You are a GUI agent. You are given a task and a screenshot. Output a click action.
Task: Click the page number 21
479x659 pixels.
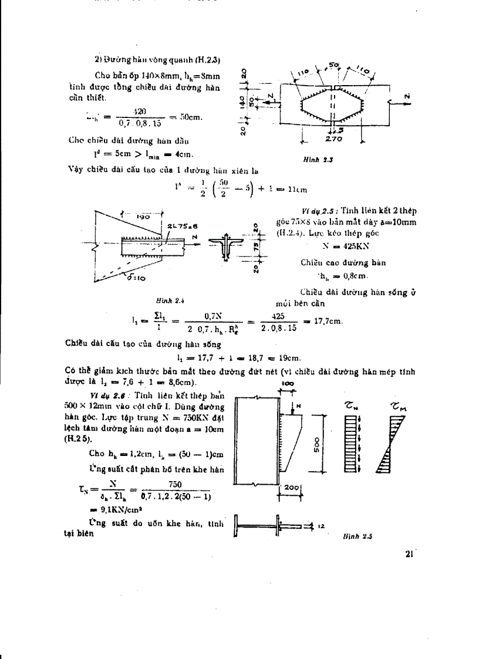coord(410,553)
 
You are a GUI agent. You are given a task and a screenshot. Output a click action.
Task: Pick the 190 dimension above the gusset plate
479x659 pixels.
coord(141,216)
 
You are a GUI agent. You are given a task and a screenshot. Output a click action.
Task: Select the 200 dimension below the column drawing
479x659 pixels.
coord(291,488)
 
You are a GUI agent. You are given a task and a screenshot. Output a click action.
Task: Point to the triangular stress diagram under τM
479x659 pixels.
coord(399,446)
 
